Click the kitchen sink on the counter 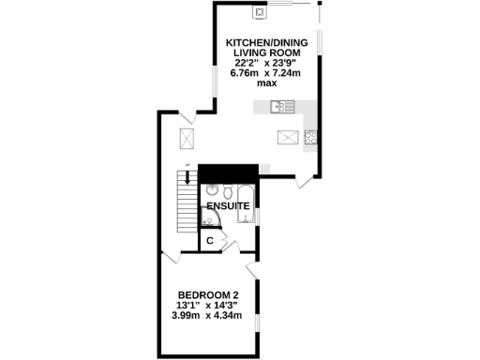point(280,106)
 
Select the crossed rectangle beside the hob point(288,137)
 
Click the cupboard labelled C point(211,241)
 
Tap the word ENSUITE point(229,204)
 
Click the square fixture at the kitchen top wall point(259,12)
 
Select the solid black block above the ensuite point(228,173)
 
